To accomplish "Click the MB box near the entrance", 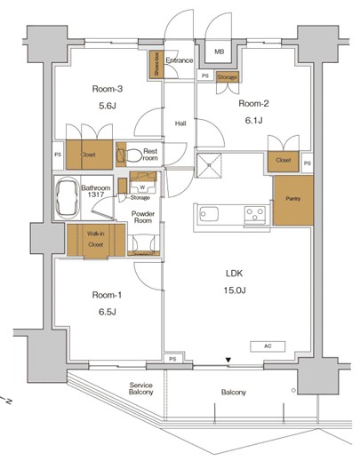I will point(218,52).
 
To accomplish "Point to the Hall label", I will point(180,123).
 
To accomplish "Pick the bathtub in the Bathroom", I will point(66,201).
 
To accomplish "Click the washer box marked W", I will point(142,187).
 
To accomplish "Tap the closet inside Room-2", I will point(283,161).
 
